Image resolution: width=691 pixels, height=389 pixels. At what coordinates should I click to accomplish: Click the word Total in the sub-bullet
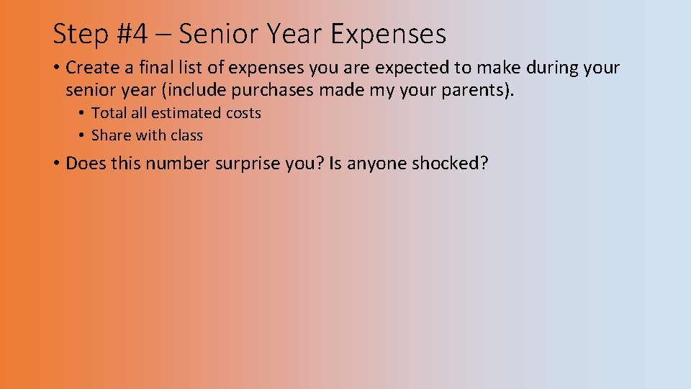coord(109,113)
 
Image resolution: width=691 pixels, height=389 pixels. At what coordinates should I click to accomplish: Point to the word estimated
coord(185,113)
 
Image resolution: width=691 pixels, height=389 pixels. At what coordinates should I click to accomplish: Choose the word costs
coord(243,113)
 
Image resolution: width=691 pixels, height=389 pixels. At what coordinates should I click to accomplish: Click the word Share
coord(110,135)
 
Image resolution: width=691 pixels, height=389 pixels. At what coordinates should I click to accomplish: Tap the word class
coord(186,135)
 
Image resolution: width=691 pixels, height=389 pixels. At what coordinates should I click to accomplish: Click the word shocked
coord(448,164)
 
